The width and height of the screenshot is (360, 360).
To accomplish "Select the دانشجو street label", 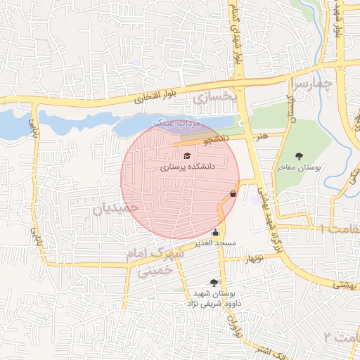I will tap(218, 140).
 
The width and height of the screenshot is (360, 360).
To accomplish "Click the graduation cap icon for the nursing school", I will tap(186, 155).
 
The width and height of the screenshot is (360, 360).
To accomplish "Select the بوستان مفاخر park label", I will tap(299, 168).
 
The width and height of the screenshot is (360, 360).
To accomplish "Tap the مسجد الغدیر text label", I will tap(215, 243).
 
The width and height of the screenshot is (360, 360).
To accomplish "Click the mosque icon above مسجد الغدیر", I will tap(215, 233).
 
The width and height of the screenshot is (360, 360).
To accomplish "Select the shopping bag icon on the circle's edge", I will tap(233, 193).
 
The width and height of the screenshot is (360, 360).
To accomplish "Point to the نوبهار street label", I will tap(252, 259).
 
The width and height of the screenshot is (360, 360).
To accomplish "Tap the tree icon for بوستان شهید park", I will tap(214, 283).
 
